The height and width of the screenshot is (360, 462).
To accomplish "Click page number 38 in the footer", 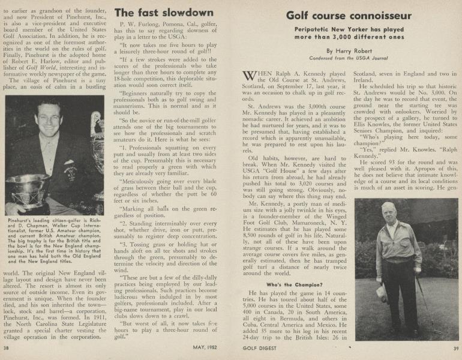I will coord(7,348).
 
